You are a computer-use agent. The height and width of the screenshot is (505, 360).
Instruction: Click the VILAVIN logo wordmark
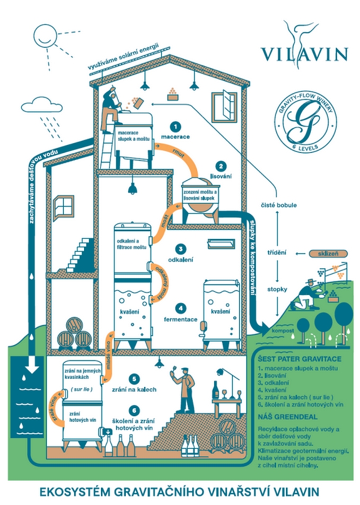(x=304, y=53)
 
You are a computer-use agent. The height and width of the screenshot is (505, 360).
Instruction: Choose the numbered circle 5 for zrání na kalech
(x=135, y=379)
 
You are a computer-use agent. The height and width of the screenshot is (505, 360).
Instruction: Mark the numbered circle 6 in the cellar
(x=135, y=410)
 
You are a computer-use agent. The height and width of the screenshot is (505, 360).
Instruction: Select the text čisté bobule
(x=282, y=204)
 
